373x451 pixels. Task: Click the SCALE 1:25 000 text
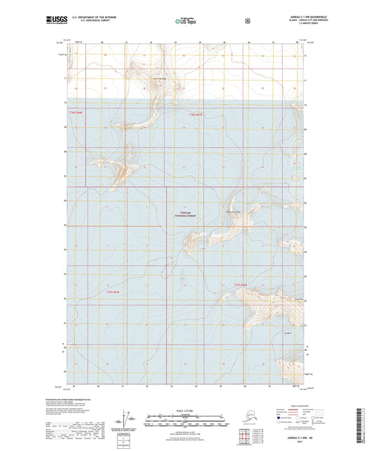[185, 411]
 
